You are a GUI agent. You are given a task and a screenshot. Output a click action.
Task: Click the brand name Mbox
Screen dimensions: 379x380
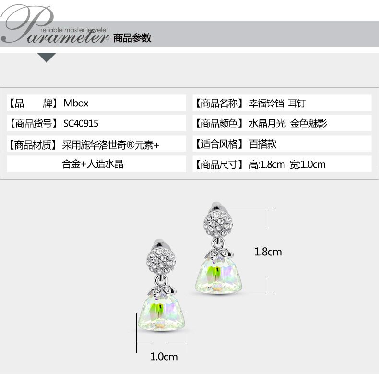pos(76,103)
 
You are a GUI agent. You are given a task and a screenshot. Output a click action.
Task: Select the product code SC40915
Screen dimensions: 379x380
pos(81,124)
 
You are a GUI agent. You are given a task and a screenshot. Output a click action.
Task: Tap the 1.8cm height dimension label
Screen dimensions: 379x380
pos(268,252)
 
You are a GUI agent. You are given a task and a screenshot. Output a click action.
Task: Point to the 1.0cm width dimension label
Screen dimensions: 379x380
pos(164,357)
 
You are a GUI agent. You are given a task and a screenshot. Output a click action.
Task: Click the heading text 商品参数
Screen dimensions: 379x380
pos(132,38)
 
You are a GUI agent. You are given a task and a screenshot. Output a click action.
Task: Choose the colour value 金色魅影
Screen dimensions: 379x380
pos(308,124)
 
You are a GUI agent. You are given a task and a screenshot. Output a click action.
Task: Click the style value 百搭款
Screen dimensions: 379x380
pos(262,144)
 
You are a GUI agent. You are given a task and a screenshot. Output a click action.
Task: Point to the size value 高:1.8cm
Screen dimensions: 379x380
pos(267,164)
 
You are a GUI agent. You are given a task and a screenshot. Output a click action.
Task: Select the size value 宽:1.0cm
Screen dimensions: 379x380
pos(308,164)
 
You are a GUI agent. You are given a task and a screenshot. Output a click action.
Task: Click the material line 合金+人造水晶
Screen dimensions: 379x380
pos(93,164)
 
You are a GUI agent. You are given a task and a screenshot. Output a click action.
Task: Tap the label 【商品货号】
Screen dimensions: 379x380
pos(33,124)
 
